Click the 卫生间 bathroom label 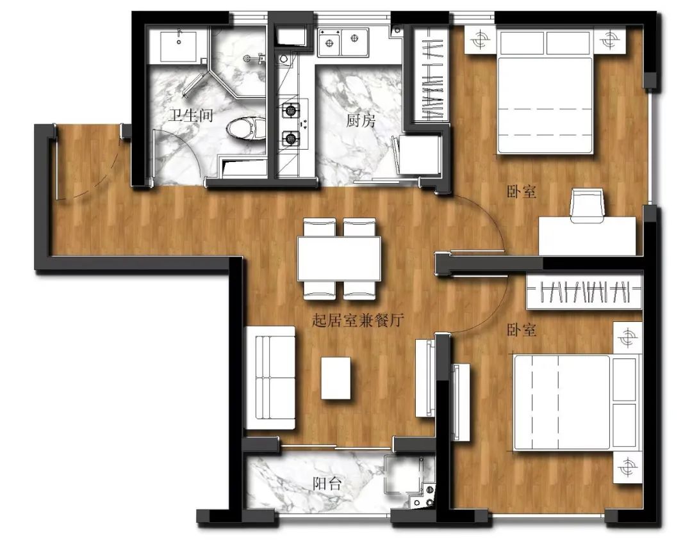191,115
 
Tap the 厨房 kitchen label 360,120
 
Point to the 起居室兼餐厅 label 358,320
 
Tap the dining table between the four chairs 339,259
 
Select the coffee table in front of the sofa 336,378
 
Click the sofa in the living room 270,378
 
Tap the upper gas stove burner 290,110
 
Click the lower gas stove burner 290,139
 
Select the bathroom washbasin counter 177,46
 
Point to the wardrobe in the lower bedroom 584,291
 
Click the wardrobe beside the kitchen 431,74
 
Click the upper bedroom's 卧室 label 521,192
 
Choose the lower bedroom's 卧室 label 521,330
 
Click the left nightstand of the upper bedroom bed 481,40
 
